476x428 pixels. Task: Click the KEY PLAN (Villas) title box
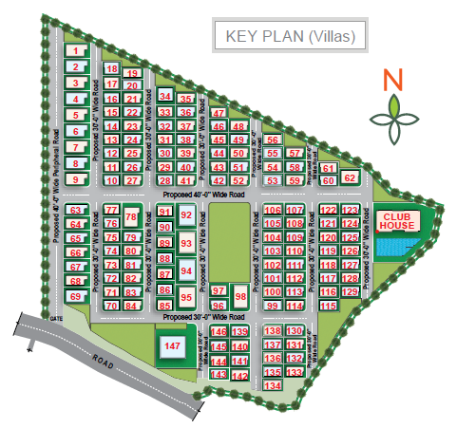(290, 37)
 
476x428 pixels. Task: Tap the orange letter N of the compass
(393, 80)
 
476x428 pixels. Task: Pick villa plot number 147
(171, 347)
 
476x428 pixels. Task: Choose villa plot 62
(350, 177)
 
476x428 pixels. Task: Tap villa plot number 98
(240, 297)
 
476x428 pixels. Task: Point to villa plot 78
(132, 218)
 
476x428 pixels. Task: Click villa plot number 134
(273, 385)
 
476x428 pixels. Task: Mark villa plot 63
(77, 211)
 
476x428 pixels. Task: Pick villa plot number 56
(273, 140)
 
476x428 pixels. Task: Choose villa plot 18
(112, 70)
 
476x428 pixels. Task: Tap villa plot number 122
(328, 211)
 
